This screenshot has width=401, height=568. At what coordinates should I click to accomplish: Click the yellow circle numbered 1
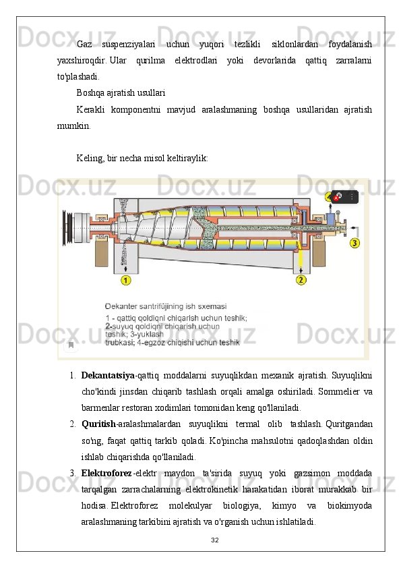pyautogui.click(x=125, y=280)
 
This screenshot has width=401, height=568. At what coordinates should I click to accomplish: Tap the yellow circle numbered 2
pyautogui.click(x=301, y=280)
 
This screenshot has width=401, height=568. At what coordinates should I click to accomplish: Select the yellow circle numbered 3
pyautogui.click(x=354, y=243)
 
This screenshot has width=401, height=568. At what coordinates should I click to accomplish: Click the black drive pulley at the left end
pyautogui.click(x=66, y=228)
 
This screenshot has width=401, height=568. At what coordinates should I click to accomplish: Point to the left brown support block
pyautogui.click(x=102, y=252)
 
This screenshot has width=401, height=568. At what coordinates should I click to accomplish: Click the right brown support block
pyautogui.click(x=319, y=252)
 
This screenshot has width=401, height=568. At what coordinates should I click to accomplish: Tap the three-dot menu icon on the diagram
pyautogui.click(x=352, y=197)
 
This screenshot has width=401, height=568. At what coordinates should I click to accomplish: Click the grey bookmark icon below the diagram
pyautogui.click(x=71, y=345)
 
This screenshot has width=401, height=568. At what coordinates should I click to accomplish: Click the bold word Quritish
pyautogui.click(x=99, y=424)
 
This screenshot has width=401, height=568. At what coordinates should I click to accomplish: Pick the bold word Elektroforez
pyautogui.click(x=106, y=473)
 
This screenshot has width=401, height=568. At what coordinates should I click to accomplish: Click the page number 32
pyautogui.click(x=214, y=540)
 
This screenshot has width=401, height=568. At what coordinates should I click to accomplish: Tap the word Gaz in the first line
pyautogui.click(x=84, y=45)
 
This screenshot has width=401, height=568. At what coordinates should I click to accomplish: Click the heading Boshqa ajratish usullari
pyautogui.click(x=121, y=93)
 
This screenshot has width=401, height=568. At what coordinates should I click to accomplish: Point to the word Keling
pyautogui.click(x=90, y=159)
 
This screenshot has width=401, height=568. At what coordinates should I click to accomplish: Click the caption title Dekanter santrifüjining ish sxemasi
pyautogui.click(x=166, y=306)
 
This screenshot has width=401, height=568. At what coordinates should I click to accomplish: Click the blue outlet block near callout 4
pyautogui.click(x=330, y=219)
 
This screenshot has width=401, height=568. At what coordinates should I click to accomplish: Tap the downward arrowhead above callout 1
pyautogui.click(x=125, y=269)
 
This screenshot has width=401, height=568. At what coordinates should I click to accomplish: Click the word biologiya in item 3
pyautogui.click(x=241, y=506)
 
